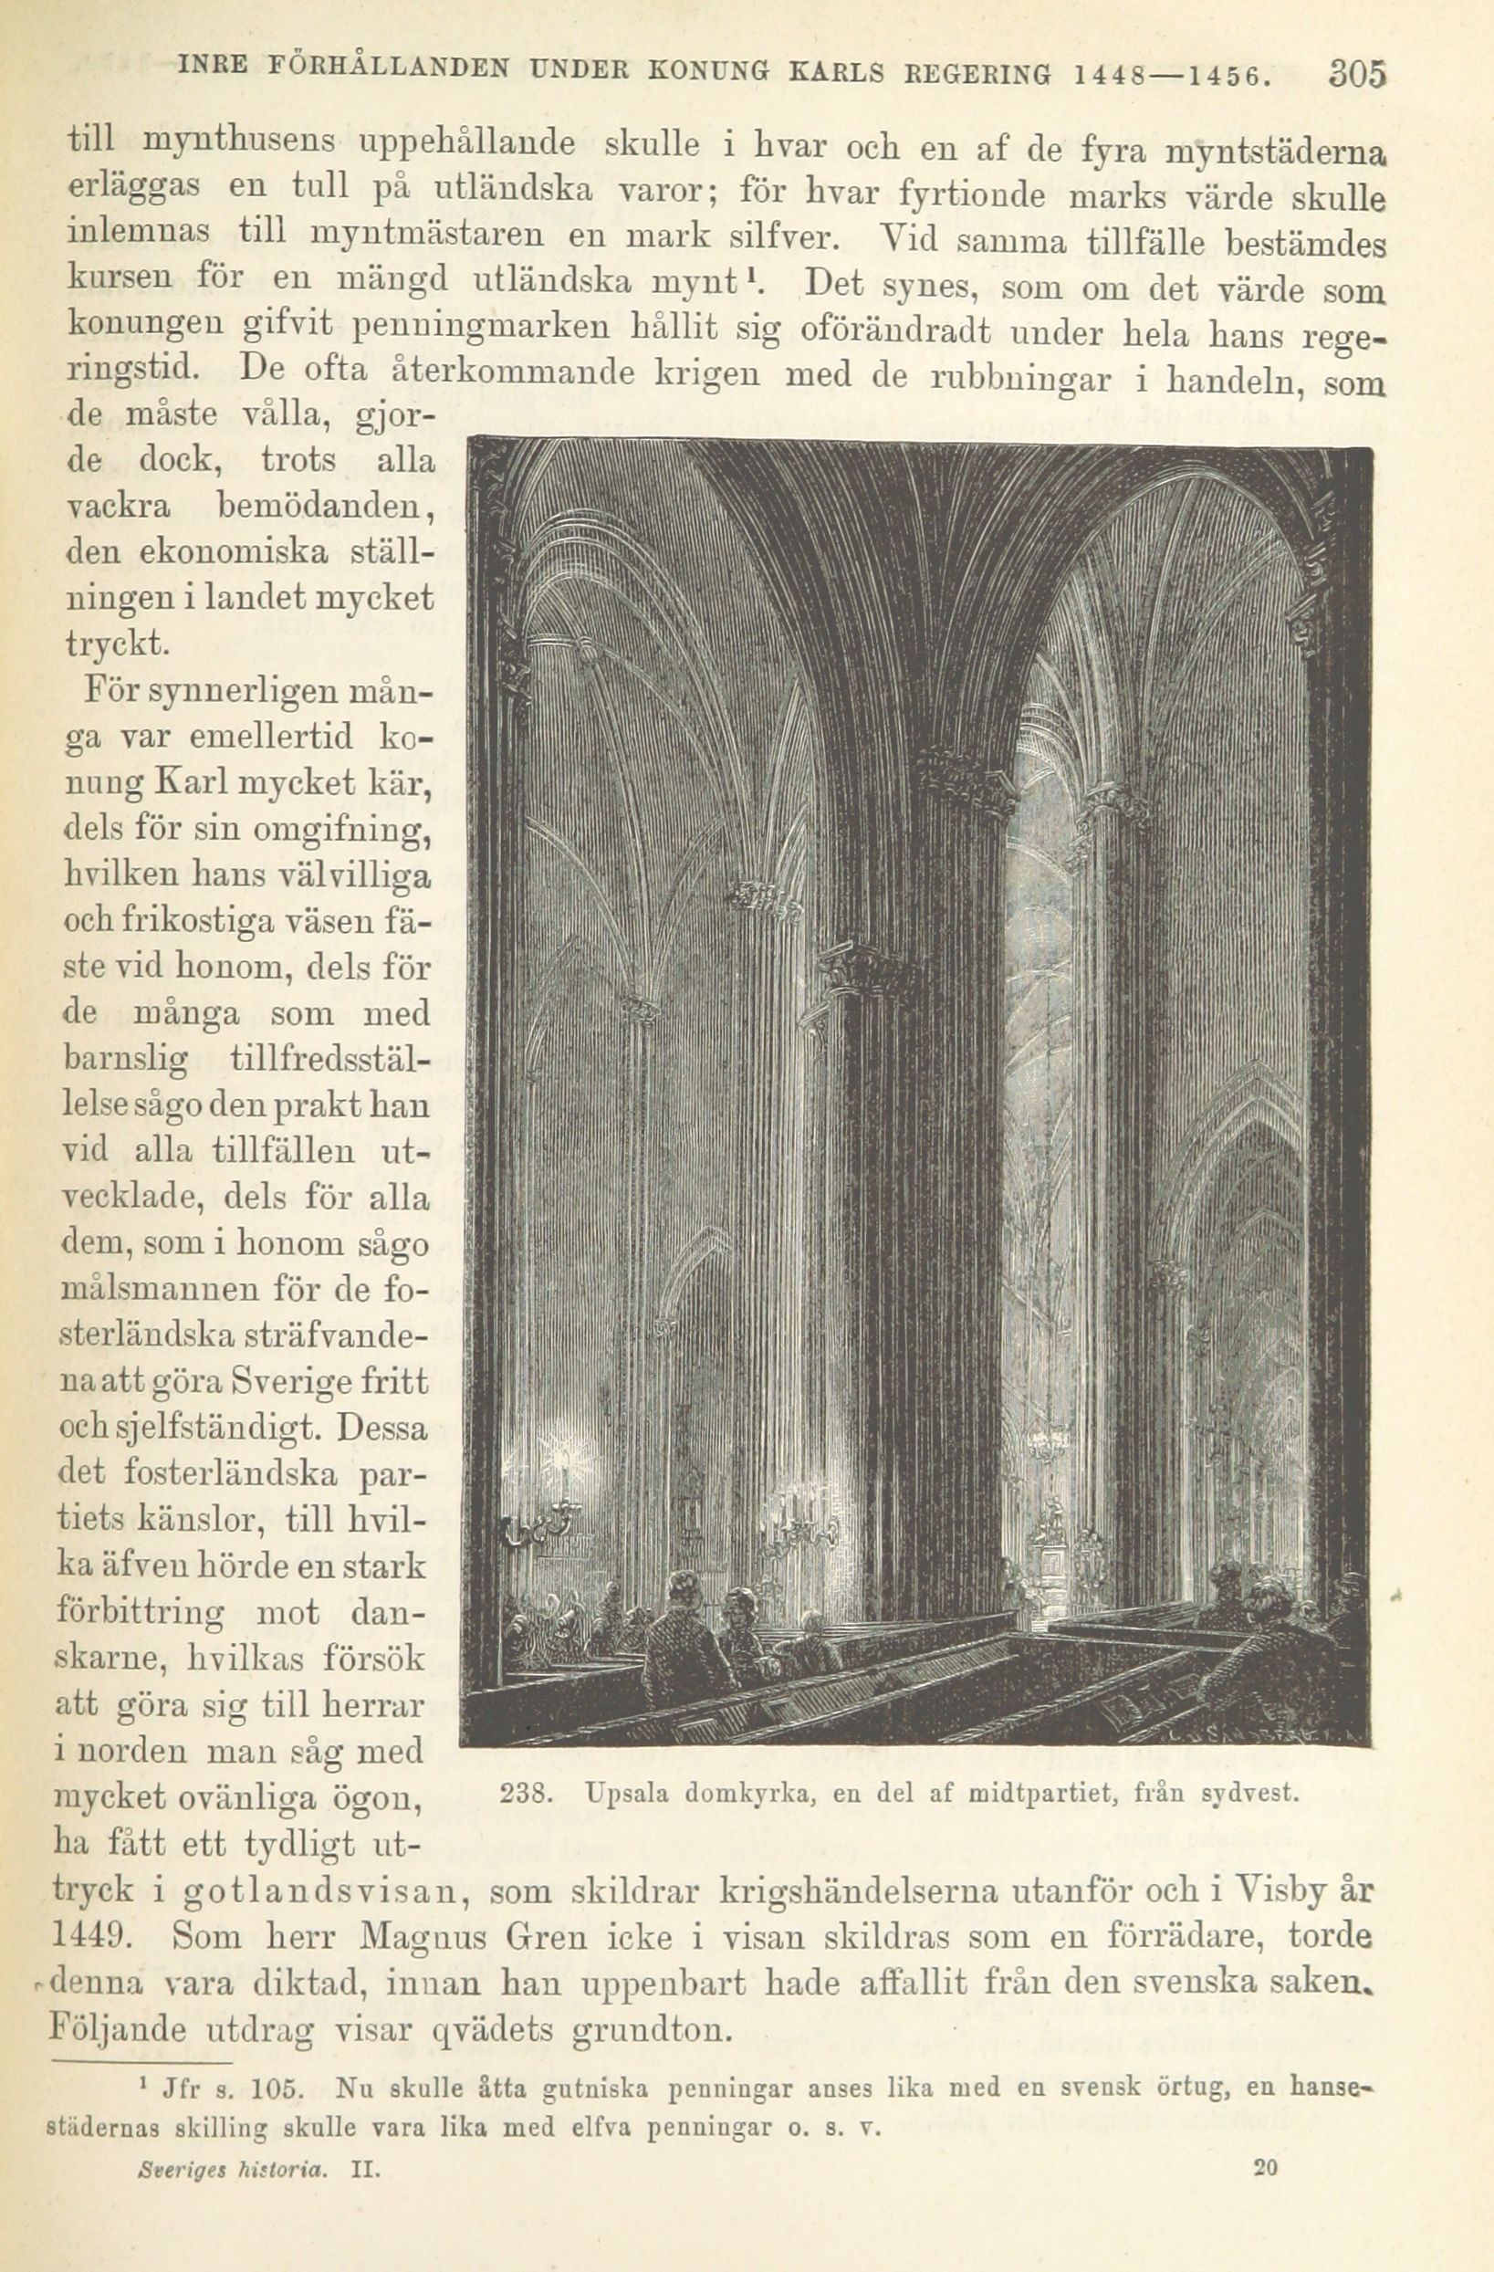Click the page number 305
click(1354, 75)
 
